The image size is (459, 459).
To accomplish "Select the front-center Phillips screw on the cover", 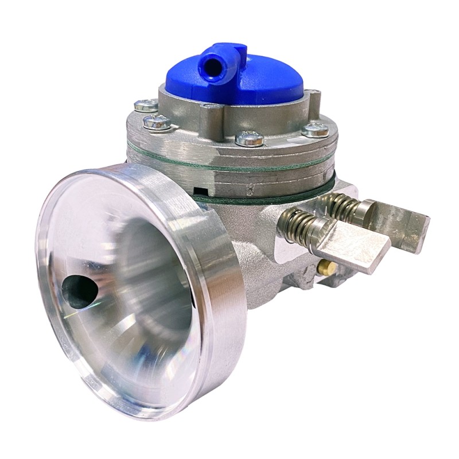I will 250,138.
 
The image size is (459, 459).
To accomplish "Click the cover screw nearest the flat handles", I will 316,130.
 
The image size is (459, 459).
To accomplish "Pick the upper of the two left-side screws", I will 147,104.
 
